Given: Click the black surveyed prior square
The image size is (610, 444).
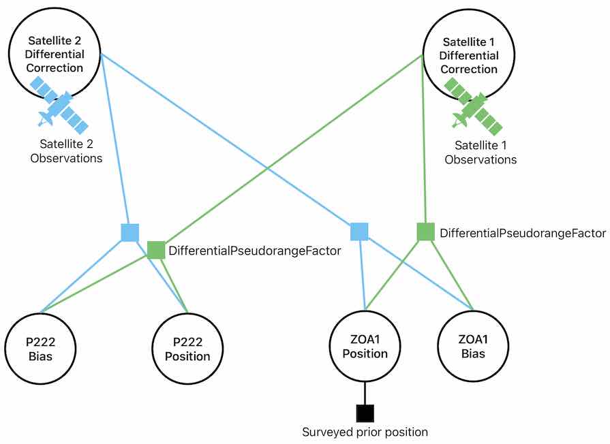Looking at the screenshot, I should pyautogui.click(x=365, y=413).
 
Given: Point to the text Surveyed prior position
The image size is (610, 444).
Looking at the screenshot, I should pyautogui.click(x=365, y=432).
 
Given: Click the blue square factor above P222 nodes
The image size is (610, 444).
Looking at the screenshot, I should pyautogui.click(x=129, y=233).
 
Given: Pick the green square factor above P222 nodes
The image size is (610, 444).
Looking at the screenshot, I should pyautogui.click(x=156, y=250).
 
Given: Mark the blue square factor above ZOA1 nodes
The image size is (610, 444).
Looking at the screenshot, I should pyautogui.click(x=359, y=232).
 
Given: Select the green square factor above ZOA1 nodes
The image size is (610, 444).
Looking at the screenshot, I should pyautogui.click(x=425, y=232).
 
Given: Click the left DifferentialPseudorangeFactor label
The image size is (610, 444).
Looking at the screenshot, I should pyautogui.click(x=254, y=251).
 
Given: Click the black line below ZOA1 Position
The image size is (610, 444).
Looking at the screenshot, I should pyautogui.click(x=365, y=392).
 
